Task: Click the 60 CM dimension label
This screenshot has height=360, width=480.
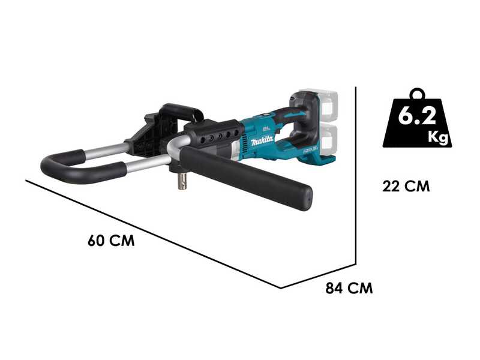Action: pyautogui.click(x=111, y=241)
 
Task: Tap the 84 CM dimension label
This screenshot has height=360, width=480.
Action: pyautogui.click(x=349, y=288)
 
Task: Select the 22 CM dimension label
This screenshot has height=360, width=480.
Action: pyautogui.click(x=406, y=186)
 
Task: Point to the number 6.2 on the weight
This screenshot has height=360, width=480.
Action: pyautogui.click(x=416, y=116)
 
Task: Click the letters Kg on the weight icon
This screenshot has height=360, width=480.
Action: pyautogui.click(x=437, y=136)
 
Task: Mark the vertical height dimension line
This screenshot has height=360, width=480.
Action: pyautogui.click(x=356, y=174)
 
